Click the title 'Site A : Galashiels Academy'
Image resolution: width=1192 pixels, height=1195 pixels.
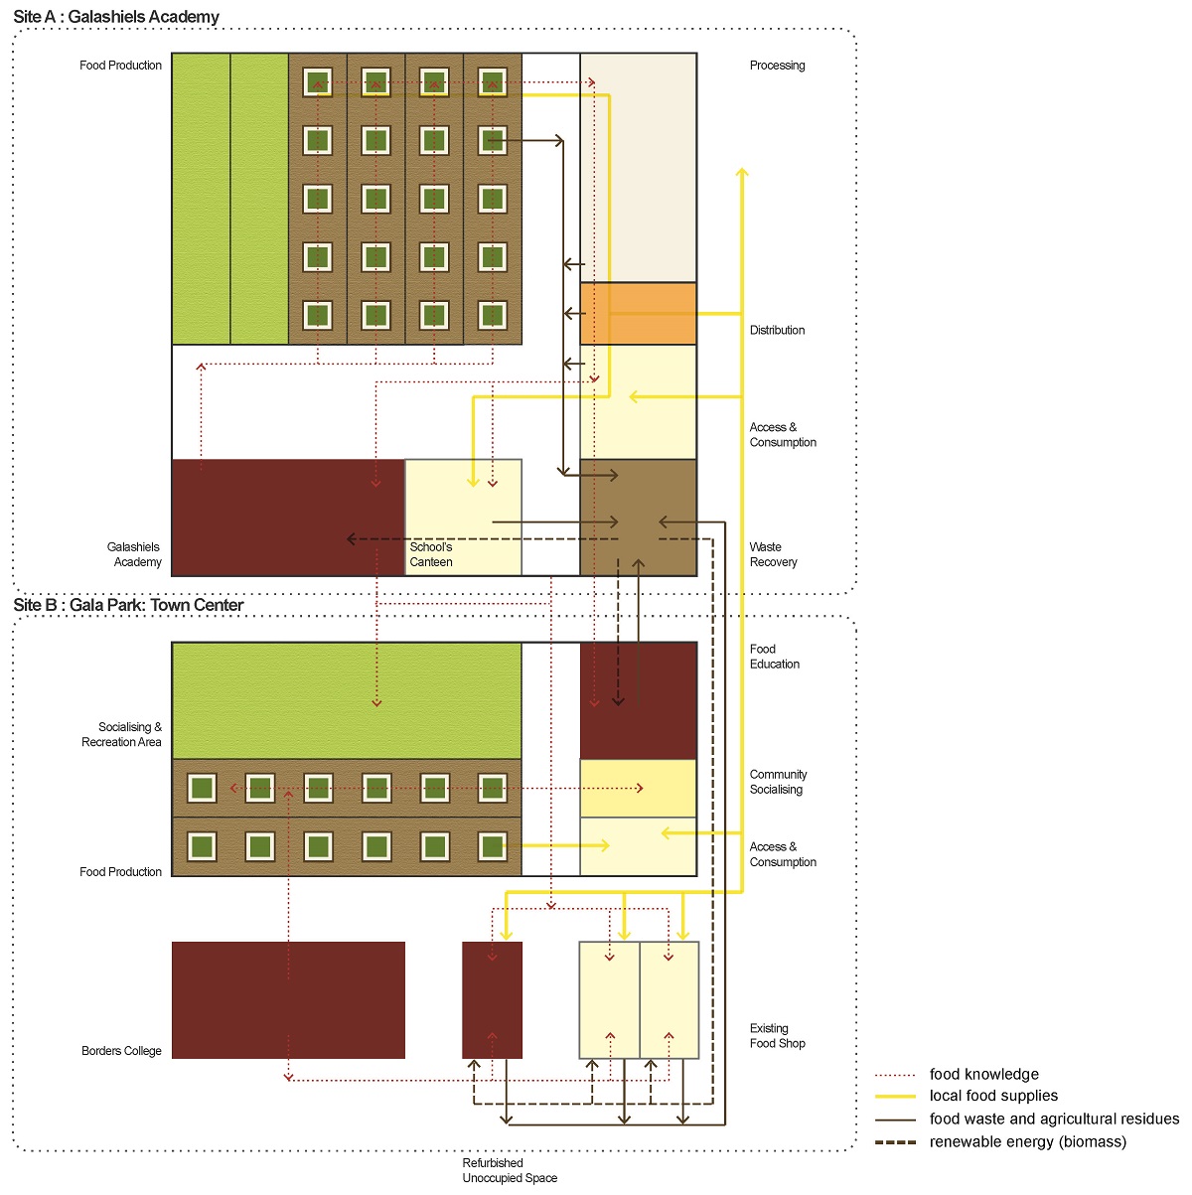116,17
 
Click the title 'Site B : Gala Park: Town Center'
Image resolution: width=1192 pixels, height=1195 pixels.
128,605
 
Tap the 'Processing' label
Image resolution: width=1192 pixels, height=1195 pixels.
777,66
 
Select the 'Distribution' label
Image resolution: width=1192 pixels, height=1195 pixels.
777,330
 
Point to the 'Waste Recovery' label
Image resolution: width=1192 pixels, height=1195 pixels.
773,554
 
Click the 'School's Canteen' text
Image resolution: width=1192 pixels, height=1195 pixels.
431,554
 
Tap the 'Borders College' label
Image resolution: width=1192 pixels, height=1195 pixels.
121,1051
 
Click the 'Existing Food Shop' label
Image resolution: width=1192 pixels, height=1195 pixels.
777,1036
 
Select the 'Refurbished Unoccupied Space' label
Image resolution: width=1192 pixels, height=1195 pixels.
510,1170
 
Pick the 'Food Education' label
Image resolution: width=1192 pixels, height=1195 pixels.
774,657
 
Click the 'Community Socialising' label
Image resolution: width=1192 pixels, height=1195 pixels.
778,782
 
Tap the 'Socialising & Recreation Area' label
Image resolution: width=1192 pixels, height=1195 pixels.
122,734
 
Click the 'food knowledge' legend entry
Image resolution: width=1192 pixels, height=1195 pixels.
983,1074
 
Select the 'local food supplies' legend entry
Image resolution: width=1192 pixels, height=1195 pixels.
993,1096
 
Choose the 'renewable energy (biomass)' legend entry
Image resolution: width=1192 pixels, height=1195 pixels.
1027,1141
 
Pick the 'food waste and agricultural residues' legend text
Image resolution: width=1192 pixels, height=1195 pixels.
1054,1119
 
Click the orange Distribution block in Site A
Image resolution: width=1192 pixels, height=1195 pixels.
639,313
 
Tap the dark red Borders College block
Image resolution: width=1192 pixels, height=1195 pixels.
288,999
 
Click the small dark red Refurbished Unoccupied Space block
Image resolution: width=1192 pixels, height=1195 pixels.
492,999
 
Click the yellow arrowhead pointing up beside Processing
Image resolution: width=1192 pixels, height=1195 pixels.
741,174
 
